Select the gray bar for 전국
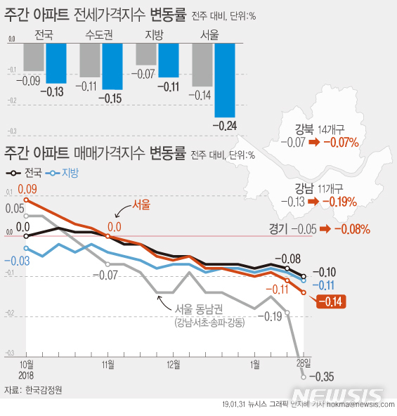34,57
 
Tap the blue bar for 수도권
112,66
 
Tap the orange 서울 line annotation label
141,205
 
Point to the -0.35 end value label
323,377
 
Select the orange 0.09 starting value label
27,189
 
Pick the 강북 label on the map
304,129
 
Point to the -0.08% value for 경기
353,229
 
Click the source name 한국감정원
44,389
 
